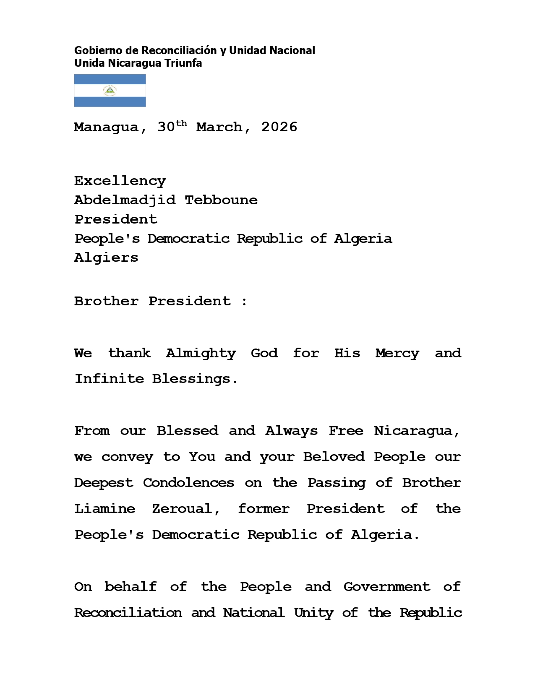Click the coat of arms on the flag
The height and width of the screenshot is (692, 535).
click(x=110, y=91)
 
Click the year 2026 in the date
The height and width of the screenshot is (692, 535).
click(x=279, y=127)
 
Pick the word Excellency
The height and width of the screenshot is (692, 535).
click(x=120, y=181)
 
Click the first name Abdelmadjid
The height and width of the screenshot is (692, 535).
click(x=125, y=200)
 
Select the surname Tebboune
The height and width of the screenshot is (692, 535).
click(x=221, y=200)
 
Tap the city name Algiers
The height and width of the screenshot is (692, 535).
click(x=106, y=258)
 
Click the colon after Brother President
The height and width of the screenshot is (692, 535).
click(x=245, y=302)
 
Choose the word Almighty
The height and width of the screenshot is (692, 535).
click(x=201, y=354)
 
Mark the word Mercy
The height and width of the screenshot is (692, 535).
click(x=397, y=354)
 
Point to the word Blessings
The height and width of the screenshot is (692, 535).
click(x=195, y=379)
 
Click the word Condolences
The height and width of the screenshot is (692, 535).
click(x=188, y=483)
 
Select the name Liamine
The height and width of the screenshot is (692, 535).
click(x=104, y=509)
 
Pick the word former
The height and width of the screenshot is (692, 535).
click(x=264, y=509)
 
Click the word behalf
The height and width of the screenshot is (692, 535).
click(x=130, y=587)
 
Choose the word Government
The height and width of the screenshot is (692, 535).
click(x=387, y=587)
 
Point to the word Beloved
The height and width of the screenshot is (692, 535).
click(x=334, y=457)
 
